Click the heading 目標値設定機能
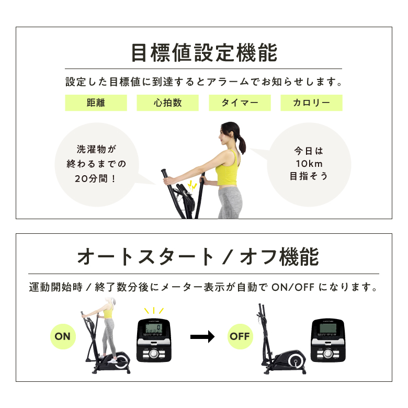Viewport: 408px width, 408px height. [203, 53]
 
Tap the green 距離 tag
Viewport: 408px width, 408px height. [96, 103]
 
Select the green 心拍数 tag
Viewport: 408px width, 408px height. [167, 103]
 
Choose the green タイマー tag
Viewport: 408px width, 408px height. [240, 103]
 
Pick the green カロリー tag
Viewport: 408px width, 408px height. [311, 103]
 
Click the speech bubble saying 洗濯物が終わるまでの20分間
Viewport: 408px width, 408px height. [96, 164]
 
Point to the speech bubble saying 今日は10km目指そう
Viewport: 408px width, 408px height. [309, 164]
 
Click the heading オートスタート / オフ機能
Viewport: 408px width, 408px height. [198, 257]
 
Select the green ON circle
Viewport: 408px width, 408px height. [62, 336]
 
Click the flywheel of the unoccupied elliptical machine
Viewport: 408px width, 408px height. [297, 361]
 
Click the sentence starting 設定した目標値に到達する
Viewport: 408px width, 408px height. [203, 83]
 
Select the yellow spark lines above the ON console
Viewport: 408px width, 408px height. [154, 312]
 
